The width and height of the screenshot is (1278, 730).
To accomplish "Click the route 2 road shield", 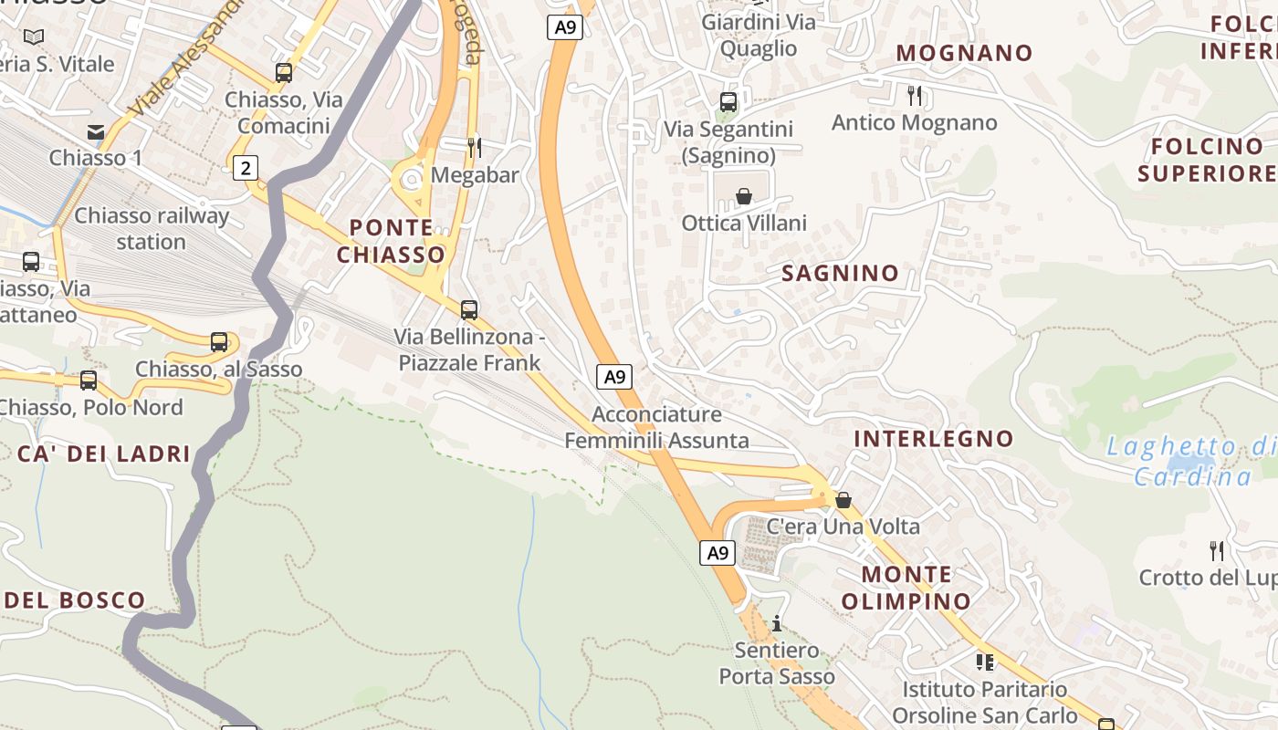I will point(245,167).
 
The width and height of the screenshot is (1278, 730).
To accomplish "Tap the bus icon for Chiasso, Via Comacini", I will point(284,73).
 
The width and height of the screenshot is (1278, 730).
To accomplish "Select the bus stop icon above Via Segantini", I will point(728,102).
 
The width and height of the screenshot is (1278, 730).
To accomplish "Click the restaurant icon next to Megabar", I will point(474,147).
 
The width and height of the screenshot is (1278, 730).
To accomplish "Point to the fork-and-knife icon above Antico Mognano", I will point(915,95).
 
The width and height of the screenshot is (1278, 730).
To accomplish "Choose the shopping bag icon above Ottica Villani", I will point(744,196).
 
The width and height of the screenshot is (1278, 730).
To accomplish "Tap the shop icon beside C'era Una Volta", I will point(843,500).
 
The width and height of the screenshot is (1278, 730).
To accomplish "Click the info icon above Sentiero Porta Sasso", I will point(777,623).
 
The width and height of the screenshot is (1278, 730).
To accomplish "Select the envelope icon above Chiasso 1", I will point(96,132).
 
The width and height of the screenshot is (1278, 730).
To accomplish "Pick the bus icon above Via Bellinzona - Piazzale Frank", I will point(469,310).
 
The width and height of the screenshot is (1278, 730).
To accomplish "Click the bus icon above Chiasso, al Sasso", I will point(219,342).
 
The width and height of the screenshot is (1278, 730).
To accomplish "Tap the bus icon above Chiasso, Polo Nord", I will point(89,381).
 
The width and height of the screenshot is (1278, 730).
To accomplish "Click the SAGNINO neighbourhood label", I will point(840,273).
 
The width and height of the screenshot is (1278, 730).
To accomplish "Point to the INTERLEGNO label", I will point(933,439).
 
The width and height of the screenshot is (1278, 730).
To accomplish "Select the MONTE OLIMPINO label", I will point(906,588).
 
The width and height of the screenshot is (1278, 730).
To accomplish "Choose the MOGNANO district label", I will point(964,53).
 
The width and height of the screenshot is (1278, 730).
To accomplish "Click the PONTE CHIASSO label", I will point(392,241).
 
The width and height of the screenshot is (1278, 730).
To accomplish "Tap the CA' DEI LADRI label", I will point(104,454).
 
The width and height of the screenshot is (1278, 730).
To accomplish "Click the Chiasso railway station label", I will point(152,229).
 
